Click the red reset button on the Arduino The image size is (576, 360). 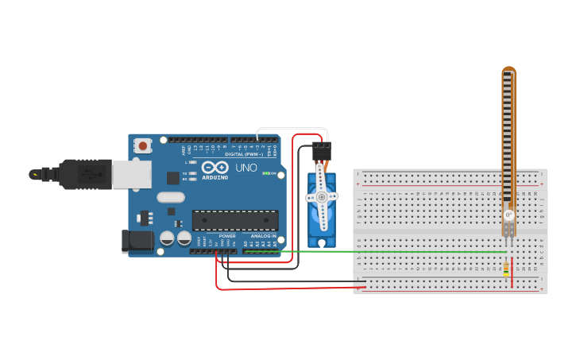(143, 145)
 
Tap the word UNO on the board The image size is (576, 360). (245, 168)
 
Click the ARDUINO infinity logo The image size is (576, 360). (215, 168)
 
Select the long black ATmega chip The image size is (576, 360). (235, 220)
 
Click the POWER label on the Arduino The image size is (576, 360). (227, 236)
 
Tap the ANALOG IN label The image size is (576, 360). (264, 236)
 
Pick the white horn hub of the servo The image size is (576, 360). (321, 196)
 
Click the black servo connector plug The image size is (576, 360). (322, 149)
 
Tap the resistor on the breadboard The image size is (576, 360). (506, 269)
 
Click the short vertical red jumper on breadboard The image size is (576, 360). (512, 273)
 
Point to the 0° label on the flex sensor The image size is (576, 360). (508, 215)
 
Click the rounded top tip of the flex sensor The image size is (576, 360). (508, 72)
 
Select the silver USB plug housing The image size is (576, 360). (131, 174)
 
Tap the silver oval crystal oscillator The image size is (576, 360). (171, 197)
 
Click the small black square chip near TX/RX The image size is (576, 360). (172, 178)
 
